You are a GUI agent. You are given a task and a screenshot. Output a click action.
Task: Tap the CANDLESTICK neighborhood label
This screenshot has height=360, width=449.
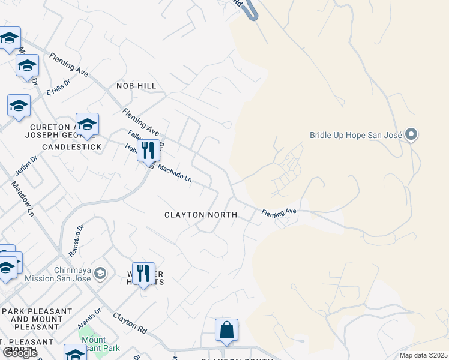tap(71, 147)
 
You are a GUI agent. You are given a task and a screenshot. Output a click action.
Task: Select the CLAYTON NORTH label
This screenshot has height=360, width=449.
tap(201, 215)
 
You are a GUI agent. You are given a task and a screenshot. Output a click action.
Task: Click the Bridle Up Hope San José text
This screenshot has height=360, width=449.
tap(356, 134)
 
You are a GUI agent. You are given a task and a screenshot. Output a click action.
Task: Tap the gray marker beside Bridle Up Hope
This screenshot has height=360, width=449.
tap(411, 134)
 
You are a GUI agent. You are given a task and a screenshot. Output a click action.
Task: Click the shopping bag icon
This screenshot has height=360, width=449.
tap(226, 330)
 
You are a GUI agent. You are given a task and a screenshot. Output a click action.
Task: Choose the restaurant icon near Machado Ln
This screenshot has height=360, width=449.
tap(148, 150)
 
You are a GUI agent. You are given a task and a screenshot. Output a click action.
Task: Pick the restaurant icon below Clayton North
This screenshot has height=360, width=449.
tap(143, 274)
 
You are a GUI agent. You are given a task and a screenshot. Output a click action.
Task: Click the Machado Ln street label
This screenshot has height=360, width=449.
tap(175, 174)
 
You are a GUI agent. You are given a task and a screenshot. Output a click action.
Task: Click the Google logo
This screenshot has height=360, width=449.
tap(20, 353)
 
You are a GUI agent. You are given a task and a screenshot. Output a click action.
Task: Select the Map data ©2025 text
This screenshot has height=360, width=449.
tap(423, 355)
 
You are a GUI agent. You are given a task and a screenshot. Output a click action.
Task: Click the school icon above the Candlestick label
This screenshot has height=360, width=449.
tap(87, 124)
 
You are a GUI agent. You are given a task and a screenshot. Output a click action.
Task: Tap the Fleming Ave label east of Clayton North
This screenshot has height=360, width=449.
tap(279, 212)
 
